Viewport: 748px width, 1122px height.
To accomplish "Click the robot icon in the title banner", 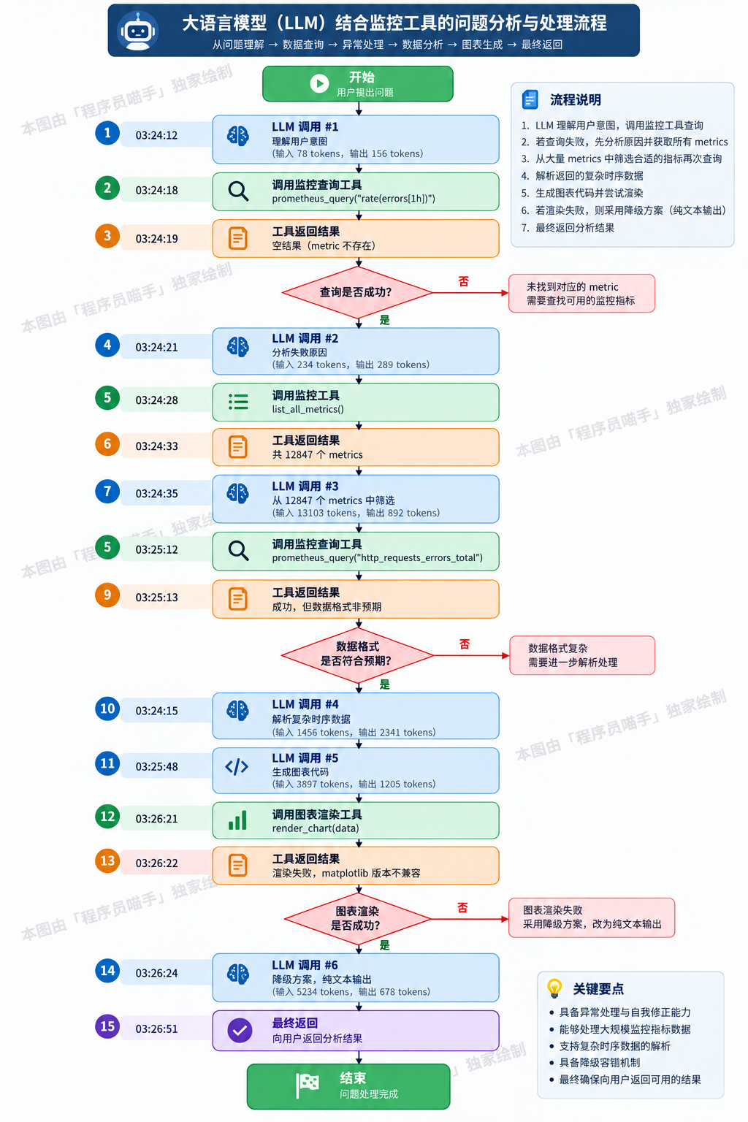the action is click(138, 31).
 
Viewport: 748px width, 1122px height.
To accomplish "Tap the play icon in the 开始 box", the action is click(319, 84).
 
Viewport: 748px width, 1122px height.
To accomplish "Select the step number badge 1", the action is click(107, 133).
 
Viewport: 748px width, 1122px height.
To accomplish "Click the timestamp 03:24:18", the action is click(156, 191).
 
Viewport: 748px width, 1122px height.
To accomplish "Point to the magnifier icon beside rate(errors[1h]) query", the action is click(238, 191).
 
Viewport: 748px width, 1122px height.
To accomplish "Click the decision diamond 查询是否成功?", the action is click(357, 292).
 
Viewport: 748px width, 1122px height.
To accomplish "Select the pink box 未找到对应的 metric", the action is click(581, 294).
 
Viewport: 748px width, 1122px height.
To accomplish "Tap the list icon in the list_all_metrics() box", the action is click(238, 402).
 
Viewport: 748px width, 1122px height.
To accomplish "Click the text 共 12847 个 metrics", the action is click(317, 455).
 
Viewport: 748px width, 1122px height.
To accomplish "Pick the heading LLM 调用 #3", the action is click(305, 486).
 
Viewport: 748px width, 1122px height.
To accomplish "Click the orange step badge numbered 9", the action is click(107, 595).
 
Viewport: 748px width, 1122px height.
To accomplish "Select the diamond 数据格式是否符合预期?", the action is click(357, 655).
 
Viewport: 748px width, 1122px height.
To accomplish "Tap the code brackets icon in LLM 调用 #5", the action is click(237, 767).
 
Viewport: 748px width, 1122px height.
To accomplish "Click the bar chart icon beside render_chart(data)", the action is click(237, 820).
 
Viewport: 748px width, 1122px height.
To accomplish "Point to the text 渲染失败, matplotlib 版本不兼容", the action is click(346, 873).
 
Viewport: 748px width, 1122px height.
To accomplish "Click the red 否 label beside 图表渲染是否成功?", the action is click(462, 908).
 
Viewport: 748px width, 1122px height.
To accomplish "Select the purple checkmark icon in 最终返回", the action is click(240, 1031).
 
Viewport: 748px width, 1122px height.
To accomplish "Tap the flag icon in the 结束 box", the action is click(307, 1086).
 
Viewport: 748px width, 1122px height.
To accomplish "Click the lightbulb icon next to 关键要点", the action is click(554, 988).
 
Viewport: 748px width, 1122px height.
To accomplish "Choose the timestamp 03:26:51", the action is click(156, 1028).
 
